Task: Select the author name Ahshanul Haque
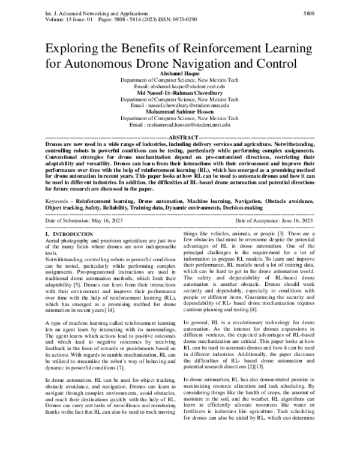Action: (180, 73)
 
